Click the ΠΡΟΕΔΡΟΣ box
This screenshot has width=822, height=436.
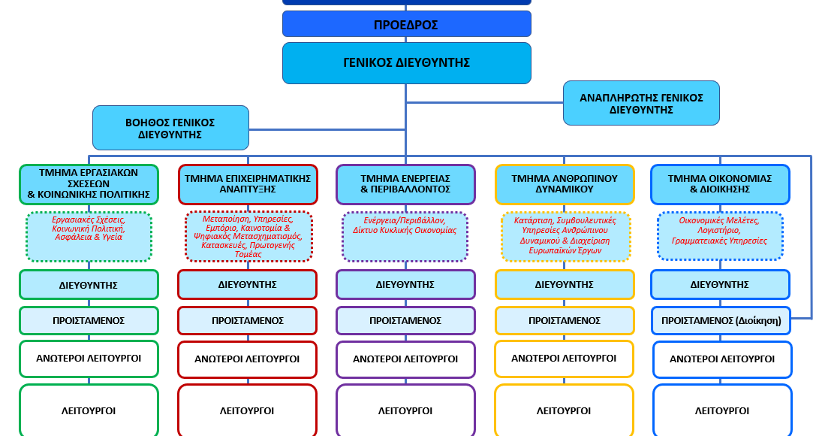click(407, 24)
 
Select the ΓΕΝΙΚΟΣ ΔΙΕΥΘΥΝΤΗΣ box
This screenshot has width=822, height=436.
click(407, 63)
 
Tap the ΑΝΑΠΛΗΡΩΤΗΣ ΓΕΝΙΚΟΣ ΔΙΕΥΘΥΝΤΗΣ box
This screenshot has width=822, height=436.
click(641, 103)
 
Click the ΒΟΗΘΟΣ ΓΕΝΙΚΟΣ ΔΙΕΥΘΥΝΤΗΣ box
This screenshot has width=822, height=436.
click(170, 128)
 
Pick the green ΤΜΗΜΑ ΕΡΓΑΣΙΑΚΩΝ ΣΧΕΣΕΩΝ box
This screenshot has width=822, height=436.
click(89, 184)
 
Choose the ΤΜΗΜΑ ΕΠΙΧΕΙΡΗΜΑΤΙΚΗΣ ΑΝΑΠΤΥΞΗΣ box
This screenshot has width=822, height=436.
click(248, 184)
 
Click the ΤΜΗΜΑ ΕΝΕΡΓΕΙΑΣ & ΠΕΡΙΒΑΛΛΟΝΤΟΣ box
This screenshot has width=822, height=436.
click(405, 184)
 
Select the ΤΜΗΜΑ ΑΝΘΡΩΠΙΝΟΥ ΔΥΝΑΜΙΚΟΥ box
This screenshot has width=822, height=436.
click(565, 184)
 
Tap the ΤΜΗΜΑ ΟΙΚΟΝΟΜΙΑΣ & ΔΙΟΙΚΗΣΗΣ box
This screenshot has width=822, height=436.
click(720, 184)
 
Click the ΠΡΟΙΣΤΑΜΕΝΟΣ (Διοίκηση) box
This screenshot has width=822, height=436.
click(721, 320)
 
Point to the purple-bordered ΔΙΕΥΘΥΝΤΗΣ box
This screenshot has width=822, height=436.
click(405, 284)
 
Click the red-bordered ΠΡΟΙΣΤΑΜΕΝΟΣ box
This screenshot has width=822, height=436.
click(248, 320)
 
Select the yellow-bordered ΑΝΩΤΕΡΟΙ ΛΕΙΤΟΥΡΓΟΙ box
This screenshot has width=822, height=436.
click(564, 359)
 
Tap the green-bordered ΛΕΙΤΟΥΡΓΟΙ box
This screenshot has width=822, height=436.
click(89, 410)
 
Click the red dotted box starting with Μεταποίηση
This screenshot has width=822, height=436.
click(248, 237)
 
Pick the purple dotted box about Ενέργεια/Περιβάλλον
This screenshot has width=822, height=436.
click(405, 237)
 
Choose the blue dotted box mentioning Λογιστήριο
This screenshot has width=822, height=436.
click(720, 236)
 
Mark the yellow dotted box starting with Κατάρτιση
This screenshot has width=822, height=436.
click(565, 237)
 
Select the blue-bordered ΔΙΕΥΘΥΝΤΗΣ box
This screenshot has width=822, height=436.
click(720, 284)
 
